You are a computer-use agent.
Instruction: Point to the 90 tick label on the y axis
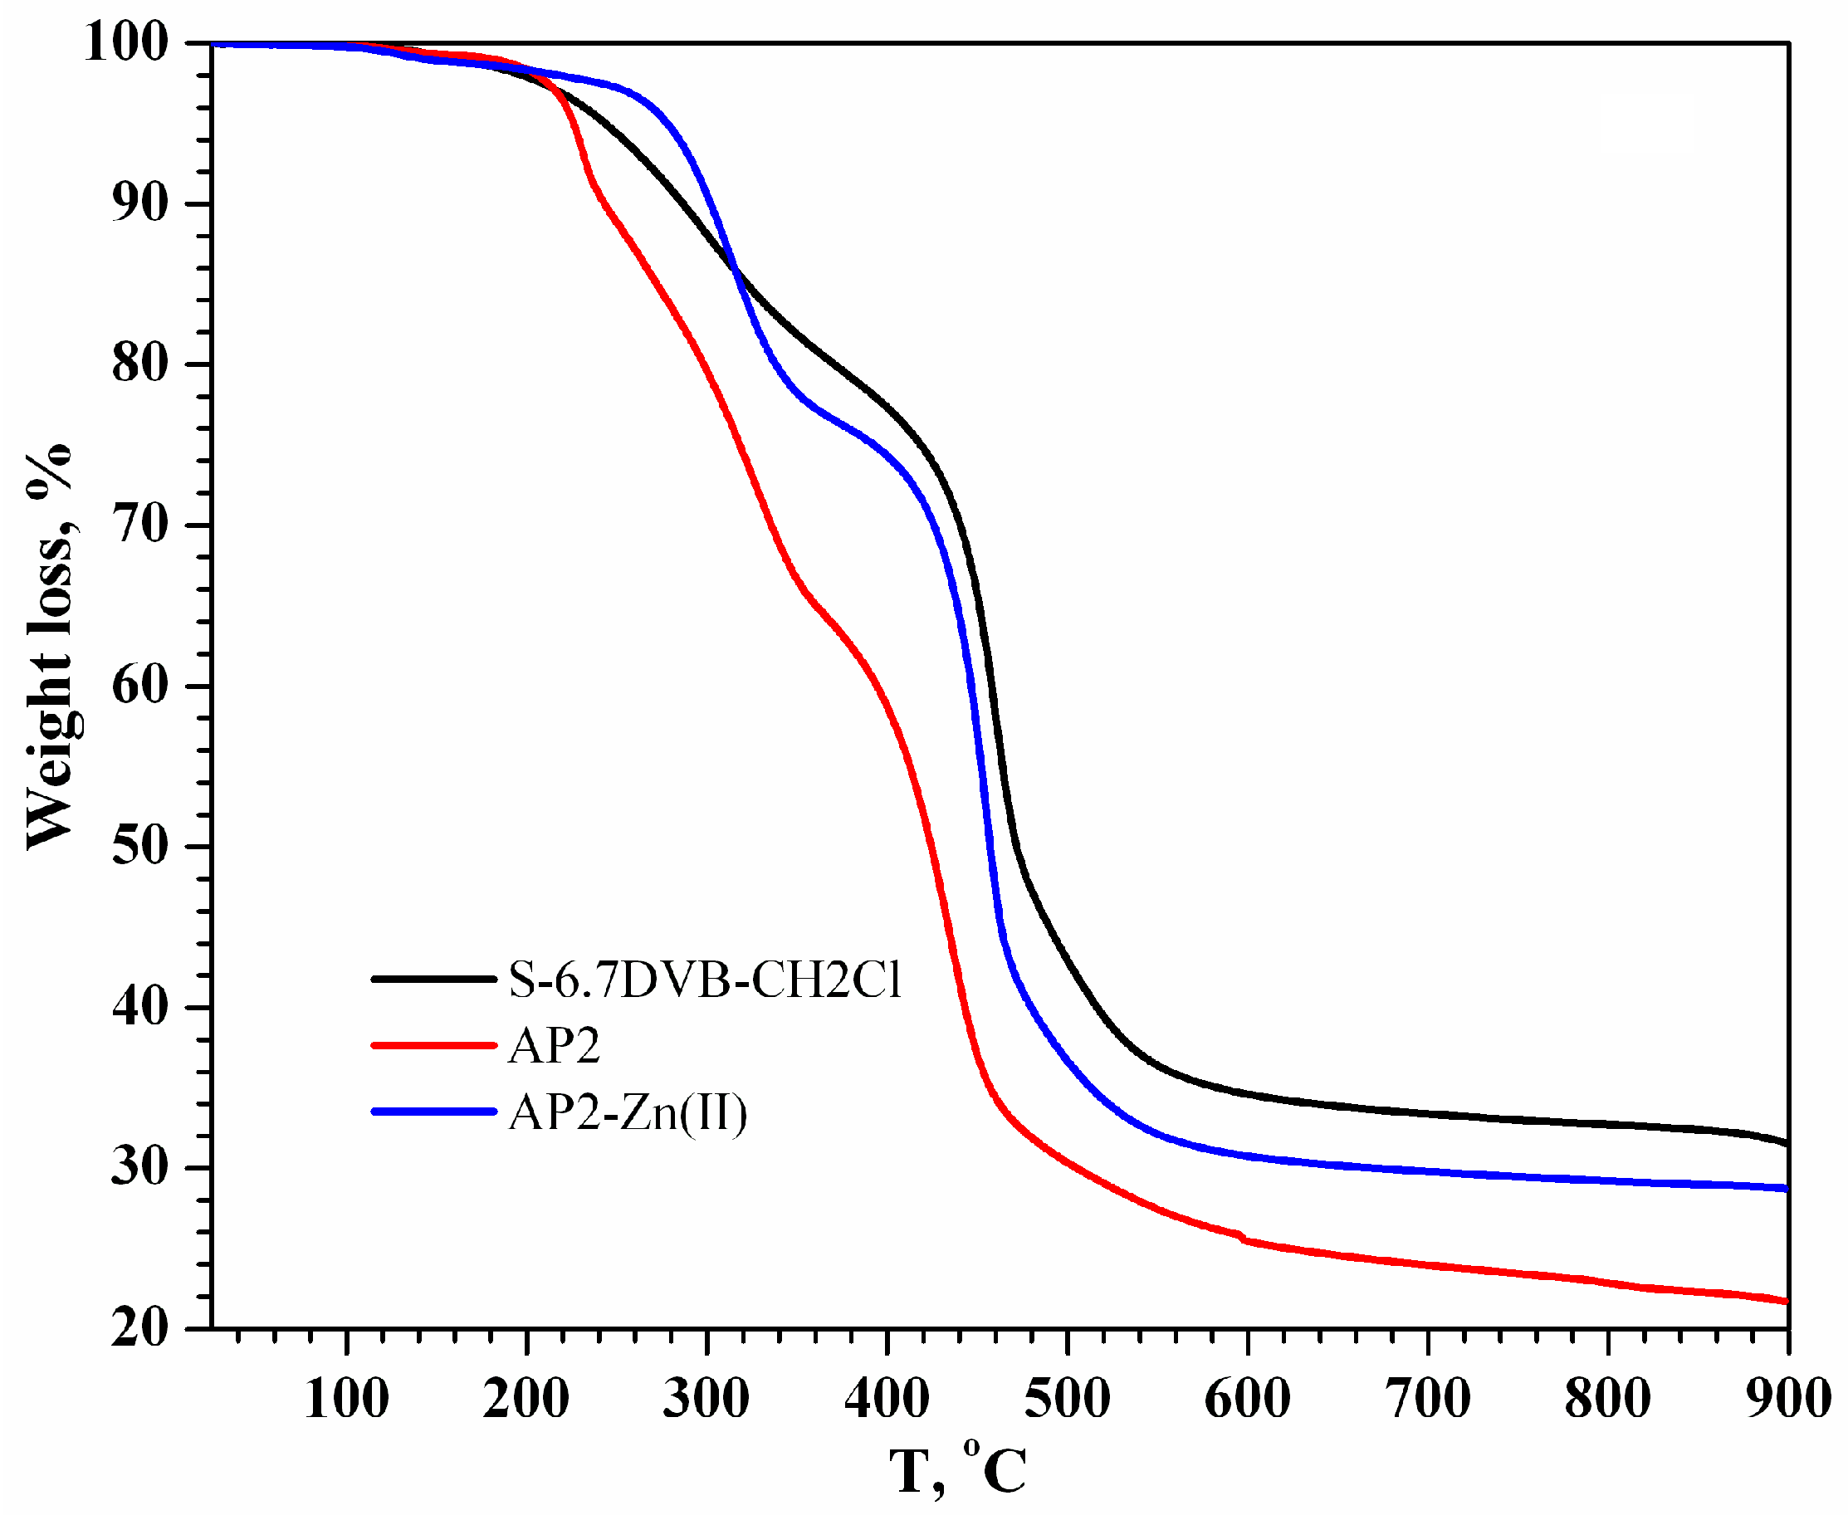139,204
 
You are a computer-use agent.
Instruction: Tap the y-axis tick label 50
139,847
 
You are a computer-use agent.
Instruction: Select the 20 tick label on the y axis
139,1329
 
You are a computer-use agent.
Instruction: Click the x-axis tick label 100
346,1399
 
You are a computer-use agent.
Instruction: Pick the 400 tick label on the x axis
887,1399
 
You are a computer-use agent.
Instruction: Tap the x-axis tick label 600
1247,1399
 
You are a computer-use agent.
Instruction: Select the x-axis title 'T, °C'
958,1470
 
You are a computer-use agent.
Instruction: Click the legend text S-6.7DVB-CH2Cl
705,980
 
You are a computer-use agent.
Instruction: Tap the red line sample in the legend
433,1044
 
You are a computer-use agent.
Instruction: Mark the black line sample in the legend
433,980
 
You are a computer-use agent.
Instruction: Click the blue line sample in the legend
433,1112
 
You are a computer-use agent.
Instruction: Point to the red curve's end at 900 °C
1786,1301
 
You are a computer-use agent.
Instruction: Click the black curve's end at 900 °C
1786,1143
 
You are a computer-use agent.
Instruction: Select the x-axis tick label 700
1427,1399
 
